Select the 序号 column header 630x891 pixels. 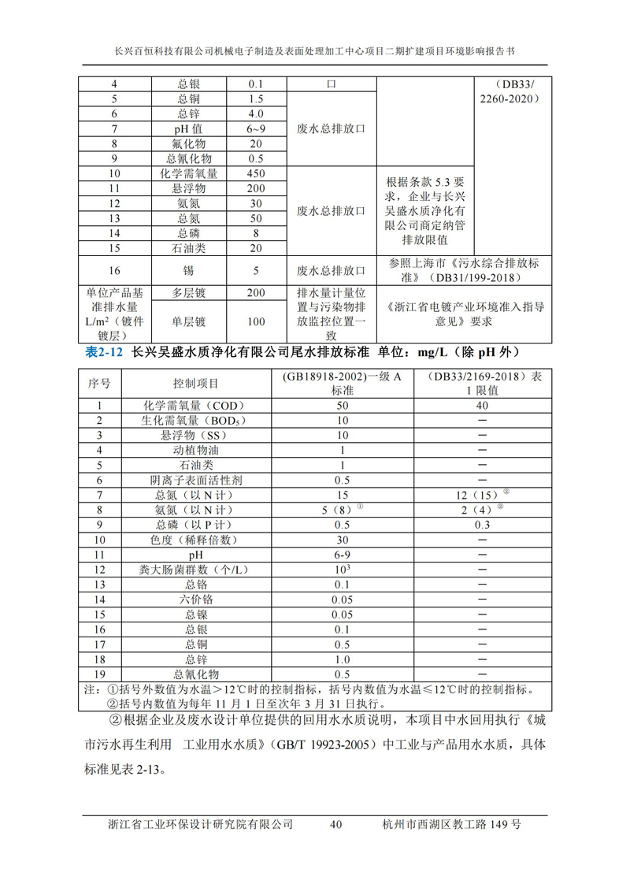point(99,384)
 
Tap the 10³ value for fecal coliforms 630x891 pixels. point(342,569)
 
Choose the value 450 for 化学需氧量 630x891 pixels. point(256,173)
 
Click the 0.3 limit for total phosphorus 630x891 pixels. point(481,525)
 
